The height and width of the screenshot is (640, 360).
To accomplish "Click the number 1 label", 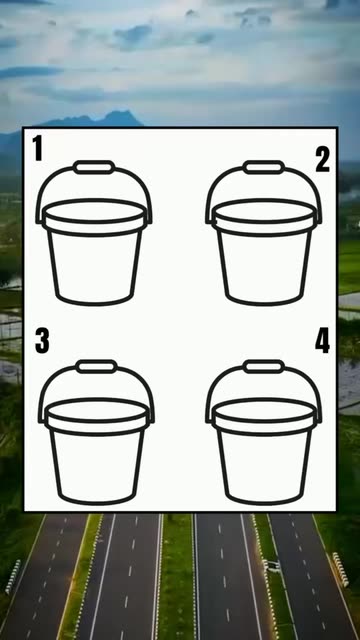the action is coord(38,148).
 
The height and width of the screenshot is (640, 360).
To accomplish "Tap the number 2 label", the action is coord(322,160).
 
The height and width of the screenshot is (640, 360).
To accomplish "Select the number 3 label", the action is coord(42,341).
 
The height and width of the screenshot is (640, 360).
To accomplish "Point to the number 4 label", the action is coord(322,341).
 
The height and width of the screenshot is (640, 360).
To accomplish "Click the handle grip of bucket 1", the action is coord(94,167).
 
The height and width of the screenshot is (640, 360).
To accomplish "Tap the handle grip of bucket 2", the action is coord(263,167).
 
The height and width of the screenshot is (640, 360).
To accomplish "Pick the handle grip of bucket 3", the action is coord(96,367).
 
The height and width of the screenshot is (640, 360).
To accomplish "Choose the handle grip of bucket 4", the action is coord(263,367).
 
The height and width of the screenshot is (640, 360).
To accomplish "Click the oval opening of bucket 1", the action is coord(94,211).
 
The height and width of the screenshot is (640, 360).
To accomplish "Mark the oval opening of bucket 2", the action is coord(263,211).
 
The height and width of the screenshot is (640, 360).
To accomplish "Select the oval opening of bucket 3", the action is coord(96,411).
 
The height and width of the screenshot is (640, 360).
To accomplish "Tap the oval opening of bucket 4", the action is coord(263,411).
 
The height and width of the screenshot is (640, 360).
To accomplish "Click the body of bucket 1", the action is coord(94,267).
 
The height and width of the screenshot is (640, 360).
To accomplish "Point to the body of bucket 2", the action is coord(263,267).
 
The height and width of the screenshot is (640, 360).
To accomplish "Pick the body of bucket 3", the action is coord(96,467).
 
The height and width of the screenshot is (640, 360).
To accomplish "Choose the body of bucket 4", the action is coord(263,467).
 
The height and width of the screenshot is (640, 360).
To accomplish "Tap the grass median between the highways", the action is coord(176,576).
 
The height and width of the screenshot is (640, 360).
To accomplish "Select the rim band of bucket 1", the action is coord(94,229).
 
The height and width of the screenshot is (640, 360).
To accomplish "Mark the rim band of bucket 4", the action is coord(263,428).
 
